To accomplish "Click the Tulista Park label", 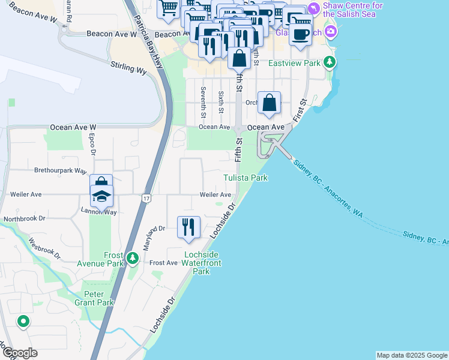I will pos(245,178).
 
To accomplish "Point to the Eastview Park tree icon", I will pos(329,62).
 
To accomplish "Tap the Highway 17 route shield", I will pos(146,198).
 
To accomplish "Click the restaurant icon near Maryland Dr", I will pos(189,227).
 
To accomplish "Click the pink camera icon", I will pos(330,31).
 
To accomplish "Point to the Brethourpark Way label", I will pos(61,170).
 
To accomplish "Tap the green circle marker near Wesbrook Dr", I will pos(23,322).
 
